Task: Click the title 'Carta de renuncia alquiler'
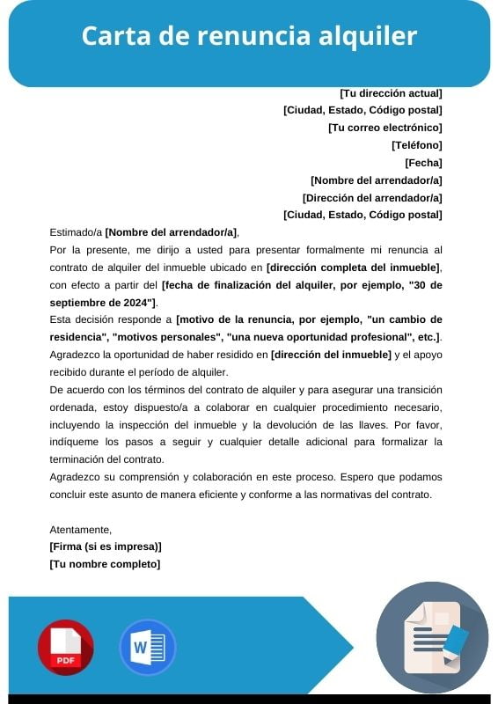(x=249, y=36)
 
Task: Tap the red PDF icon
(x=65, y=647)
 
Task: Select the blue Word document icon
(x=147, y=647)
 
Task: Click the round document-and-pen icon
(x=432, y=638)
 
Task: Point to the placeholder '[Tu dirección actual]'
(x=391, y=92)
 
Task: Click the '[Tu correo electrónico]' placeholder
(x=384, y=128)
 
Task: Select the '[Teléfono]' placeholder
(x=416, y=145)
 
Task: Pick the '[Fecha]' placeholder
(x=423, y=163)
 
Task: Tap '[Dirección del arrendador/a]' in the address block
(x=372, y=198)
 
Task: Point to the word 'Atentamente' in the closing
(x=80, y=530)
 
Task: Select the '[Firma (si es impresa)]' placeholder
(x=106, y=546)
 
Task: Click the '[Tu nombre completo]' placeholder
(x=105, y=564)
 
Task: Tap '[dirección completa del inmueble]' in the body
(x=354, y=268)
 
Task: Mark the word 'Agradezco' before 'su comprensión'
(x=76, y=477)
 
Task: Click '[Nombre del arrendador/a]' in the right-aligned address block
(x=377, y=180)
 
